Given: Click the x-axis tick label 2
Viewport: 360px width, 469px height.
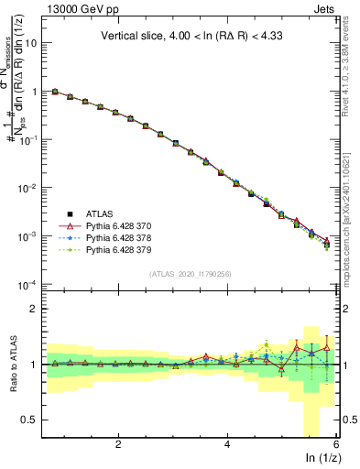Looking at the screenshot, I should [x=118, y=444].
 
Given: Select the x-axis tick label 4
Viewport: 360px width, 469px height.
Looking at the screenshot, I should [x=227, y=444].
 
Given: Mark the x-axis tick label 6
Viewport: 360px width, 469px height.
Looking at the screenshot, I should [x=336, y=444].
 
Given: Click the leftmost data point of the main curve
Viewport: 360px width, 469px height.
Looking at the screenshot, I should [x=55, y=92].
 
